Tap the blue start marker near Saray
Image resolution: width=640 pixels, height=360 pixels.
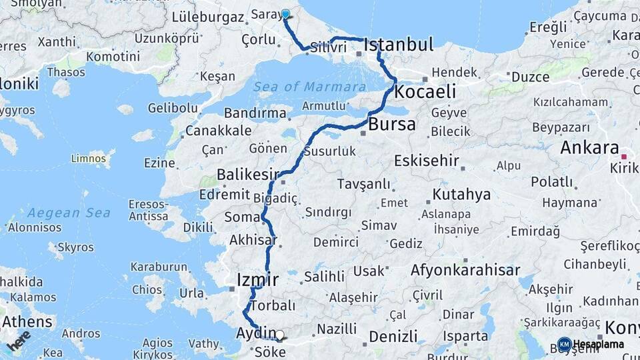click(x=285, y=14)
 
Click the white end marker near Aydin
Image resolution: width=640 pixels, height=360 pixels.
click(x=280, y=336)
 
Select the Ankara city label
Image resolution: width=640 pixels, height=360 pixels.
click(x=589, y=147)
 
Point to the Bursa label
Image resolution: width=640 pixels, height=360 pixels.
click(x=391, y=124)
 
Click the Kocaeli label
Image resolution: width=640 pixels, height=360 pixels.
click(x=425, y=91)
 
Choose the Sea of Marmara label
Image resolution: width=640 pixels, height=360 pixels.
click(x=309, y=87)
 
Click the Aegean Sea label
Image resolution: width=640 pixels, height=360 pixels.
click(x=60, y=213)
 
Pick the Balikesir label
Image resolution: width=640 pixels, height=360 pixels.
click(x=247, y=175)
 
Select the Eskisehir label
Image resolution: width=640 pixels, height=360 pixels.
click(x=427, y=161)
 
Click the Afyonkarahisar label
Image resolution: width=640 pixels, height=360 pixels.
click(x=465, y=270)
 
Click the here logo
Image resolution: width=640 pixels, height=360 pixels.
click(x=19, y=341)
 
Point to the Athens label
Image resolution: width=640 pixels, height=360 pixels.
click(x=27, y=321)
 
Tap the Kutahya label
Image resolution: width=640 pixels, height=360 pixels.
click(x=461, y=195)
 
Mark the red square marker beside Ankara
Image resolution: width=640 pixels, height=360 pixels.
click(x=624, y=157)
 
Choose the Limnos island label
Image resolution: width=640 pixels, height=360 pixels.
click(x=89, y=158)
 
